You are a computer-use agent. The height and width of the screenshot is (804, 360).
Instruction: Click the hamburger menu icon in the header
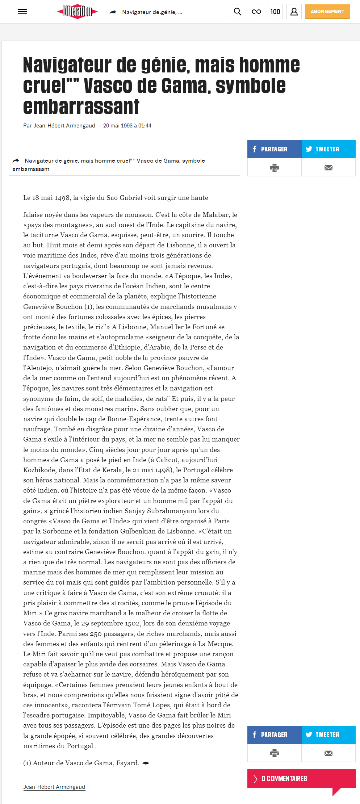[x=22, y=12]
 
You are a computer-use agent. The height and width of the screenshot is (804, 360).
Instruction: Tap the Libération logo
[x=78, y=12]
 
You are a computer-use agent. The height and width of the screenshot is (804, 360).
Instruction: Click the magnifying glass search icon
[x=238, y=12]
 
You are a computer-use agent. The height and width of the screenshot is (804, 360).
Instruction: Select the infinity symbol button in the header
[x=256, y=12]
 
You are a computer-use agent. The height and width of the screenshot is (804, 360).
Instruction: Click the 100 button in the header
[x=275, y=12]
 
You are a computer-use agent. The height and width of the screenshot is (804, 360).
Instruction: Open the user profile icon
[x=294, y=12]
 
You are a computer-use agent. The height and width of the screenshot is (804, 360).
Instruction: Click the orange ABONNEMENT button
[x=327, y=12]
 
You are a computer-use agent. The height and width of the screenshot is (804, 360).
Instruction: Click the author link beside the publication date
[x=64, y=126]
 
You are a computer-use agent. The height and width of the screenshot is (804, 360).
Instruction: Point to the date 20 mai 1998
[x=118, y=126]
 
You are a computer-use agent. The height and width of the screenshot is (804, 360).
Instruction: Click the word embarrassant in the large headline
[x=81, y=107]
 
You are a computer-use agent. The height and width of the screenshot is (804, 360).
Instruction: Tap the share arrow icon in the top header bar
[x=113, y=12]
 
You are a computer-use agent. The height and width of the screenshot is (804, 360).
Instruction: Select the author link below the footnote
[x=54, y=787]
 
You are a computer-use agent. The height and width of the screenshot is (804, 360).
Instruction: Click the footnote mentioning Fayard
[x=81, y=763]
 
